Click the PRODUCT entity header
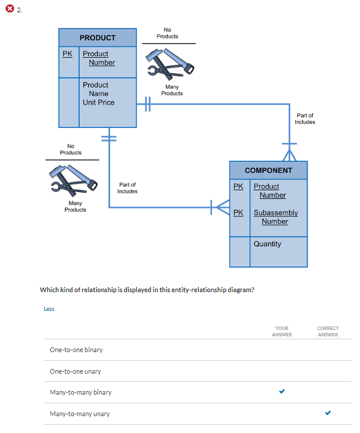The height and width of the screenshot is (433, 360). tap(97, 38)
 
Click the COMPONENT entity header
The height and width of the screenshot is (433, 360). tap(268, 171)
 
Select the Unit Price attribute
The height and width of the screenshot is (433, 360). tap(98, 102)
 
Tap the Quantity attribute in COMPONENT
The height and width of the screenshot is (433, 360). tap(267, 244)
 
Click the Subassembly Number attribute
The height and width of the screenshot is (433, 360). tap(275, 217)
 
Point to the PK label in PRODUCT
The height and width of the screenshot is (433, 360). tap(68, 54)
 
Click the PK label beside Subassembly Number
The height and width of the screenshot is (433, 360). tap(238, 213)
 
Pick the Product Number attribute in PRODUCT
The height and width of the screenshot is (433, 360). tap(98, 58)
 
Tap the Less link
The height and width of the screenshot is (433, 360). tap(49, 309)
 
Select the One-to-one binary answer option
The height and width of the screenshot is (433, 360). tap(76, 350)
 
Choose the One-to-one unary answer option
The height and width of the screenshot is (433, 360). tap(76, 371)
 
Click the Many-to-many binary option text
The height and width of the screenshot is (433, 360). tap(80, 392)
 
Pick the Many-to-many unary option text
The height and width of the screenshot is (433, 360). tap(80, 414)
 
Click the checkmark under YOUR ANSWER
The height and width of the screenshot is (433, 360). tap(282, 392)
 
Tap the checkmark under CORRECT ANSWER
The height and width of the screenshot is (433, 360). tap(327, 413)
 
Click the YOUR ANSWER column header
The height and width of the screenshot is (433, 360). tap(282, 331)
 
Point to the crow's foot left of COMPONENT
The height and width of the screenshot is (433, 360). tap(221, 206)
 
